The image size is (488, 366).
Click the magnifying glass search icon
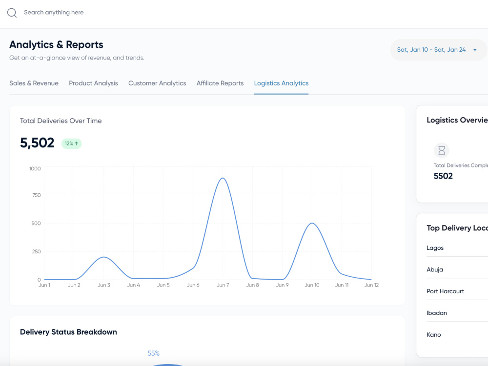[x=12, y=13]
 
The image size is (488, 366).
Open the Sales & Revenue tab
[x=34, y=83]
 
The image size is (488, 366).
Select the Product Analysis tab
[x=93, y=83]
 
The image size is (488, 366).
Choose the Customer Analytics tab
[x=157, y=83]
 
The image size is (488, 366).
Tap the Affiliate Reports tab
[x=220, y=83]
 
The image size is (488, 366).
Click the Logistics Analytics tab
[x=282, y=83]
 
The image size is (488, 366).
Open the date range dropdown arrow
[x=475, y=50]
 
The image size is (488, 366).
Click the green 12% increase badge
[x=72, y=143]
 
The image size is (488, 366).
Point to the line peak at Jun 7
[x=223, y=178]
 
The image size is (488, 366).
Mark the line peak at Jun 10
[x=312, y=224]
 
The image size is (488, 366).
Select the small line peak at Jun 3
[x=103, y=257]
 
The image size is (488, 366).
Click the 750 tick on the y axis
[x=37, y=195]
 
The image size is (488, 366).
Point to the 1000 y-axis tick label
[x=35, y=169]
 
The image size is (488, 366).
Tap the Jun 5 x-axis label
[x=163, y=285]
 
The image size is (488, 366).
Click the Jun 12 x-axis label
[x=371, y=285]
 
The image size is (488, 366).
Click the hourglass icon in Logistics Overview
[x=442, y=151]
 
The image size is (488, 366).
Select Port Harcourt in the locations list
[x=446, y=291]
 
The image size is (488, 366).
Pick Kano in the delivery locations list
[x=434, y=335]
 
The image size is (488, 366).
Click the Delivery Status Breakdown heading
[x=68, y=332]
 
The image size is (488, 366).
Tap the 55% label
[x=153, y=353]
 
